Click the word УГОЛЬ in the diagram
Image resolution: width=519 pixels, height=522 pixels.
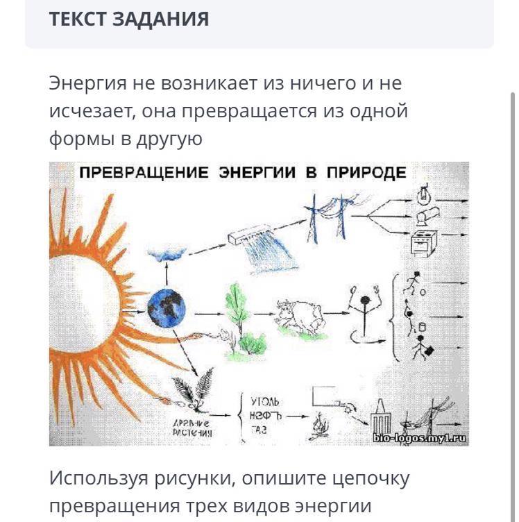tap(265, 401)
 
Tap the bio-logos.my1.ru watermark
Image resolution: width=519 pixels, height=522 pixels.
tap(420, 438)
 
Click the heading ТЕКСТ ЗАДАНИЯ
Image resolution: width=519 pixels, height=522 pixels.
tap(128, 19)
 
